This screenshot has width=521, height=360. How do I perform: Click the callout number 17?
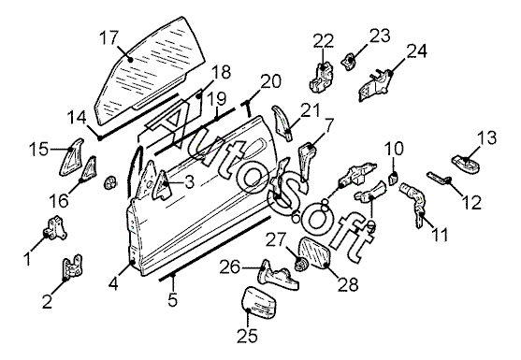109,38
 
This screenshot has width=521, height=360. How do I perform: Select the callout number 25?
247,336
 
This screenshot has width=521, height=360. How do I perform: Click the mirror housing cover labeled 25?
259,303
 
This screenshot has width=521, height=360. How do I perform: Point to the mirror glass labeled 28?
314,252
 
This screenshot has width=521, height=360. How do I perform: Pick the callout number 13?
487,137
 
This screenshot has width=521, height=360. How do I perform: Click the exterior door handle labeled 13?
466,164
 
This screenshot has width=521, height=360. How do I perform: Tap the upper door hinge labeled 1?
54,228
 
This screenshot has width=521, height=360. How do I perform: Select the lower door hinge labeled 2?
72,267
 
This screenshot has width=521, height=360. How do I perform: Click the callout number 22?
324,40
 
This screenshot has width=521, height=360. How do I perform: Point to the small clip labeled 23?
348,62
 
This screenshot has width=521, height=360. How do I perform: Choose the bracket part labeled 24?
376,85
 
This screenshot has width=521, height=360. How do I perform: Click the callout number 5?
173,299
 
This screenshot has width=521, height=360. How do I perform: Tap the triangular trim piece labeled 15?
71,157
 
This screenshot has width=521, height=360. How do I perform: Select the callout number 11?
440,234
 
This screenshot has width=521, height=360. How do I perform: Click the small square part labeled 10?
393,179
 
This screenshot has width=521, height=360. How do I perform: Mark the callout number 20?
271,81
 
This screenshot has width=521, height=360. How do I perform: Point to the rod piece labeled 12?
438,178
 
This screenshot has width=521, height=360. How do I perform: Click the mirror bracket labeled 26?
279,275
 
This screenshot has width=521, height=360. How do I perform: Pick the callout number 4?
113,283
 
